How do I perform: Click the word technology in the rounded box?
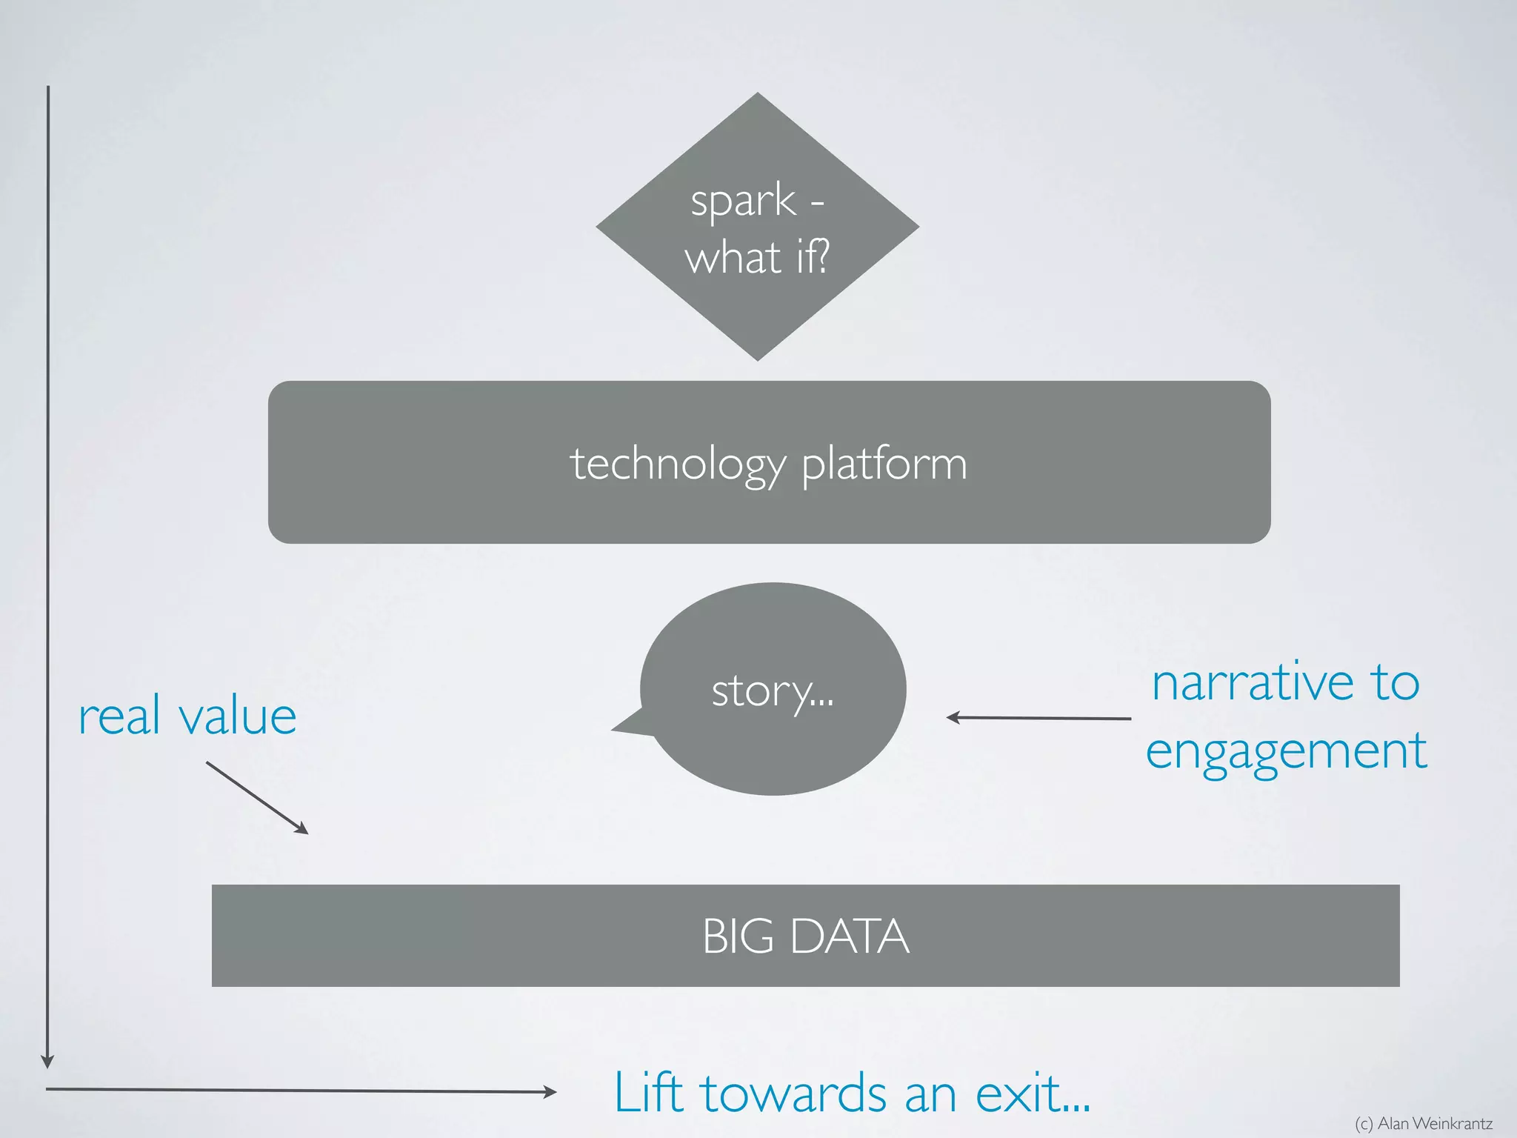(x=677, y=465)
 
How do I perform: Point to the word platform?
(x=884, y=465)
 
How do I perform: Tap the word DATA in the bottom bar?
(x=850, y=936)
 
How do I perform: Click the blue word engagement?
(x=1286, y=751)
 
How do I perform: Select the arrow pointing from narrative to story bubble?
(x=1038, y=718)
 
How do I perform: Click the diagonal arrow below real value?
(x=256, y=797)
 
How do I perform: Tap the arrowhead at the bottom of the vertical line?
(x=47, y=1061)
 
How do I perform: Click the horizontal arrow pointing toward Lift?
(x=300, y=1090)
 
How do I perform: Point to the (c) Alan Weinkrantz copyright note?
(x=1423, y=1123)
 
